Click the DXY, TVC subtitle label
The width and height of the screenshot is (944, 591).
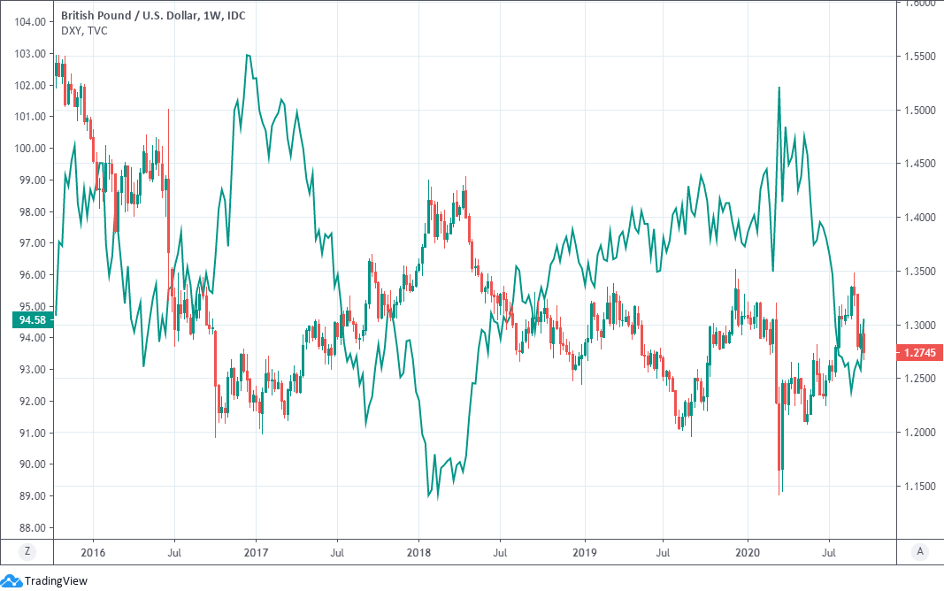point(85,31)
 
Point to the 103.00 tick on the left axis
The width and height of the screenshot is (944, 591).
point(31,54)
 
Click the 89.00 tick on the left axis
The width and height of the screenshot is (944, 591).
point(31,496)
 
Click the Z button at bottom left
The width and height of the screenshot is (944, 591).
point(27,550)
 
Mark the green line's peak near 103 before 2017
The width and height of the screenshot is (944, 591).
point(248,55)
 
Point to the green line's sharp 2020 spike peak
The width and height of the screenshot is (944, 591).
point(779,88)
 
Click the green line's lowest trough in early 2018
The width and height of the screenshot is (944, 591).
point(429,496)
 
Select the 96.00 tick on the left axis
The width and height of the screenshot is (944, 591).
point(31,275)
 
